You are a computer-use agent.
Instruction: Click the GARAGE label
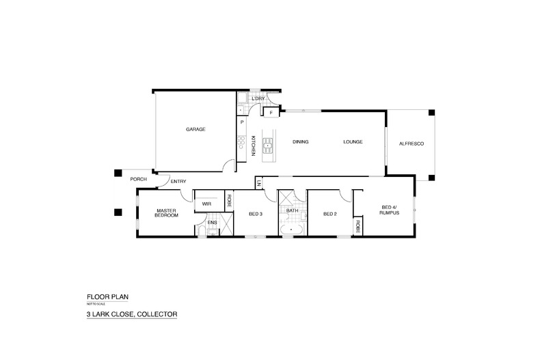click(x=195, y=129)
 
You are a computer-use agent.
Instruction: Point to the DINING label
click(x=301, y=142)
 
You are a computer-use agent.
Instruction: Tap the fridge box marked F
click(x=271, y=111)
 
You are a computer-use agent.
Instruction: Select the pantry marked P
click(x=241, y=122)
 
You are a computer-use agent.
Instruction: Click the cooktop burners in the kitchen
click(x=241, y=142)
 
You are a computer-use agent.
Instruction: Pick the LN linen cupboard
click(x=259, y=182)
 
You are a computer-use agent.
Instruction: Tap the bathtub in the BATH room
click(x=292, y=232)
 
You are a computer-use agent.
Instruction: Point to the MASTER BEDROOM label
click(x=167, y=212)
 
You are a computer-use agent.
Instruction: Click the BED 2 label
click(x=330, y=214)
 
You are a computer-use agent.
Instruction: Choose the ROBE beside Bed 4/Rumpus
click(x=357, y=226)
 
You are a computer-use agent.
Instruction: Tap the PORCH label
click(x=139, y=180)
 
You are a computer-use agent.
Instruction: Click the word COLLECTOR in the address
click(x=157, y=314)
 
